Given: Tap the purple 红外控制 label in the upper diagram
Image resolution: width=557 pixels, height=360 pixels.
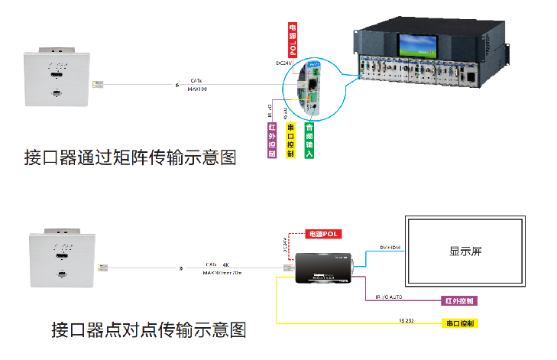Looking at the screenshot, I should click(271, 140).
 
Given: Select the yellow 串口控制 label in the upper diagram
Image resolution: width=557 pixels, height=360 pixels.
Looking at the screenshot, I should click(290, 140).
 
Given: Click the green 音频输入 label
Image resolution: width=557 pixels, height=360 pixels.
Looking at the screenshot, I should click(309, 140).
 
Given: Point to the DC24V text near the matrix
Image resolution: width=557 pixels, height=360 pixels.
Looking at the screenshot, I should click(285, 63).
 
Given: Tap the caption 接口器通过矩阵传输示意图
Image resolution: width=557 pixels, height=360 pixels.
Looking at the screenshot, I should click(130, 158).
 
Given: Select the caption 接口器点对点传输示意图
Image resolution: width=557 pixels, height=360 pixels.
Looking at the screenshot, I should click(148, 330).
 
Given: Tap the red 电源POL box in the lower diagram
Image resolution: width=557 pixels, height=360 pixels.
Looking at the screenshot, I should click(322, 232).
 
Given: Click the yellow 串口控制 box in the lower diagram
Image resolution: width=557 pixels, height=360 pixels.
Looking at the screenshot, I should click(460, 323).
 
